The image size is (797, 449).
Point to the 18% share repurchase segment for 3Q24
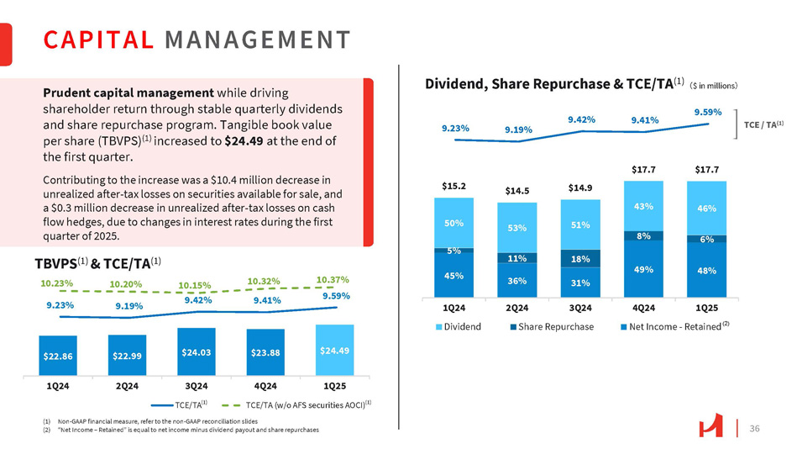(580, 258)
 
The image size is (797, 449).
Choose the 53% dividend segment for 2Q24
(516, 228)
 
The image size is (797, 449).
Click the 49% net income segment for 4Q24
(643, 269)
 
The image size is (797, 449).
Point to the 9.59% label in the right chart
(707, 111)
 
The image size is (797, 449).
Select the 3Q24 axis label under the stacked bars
(580, 307)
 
